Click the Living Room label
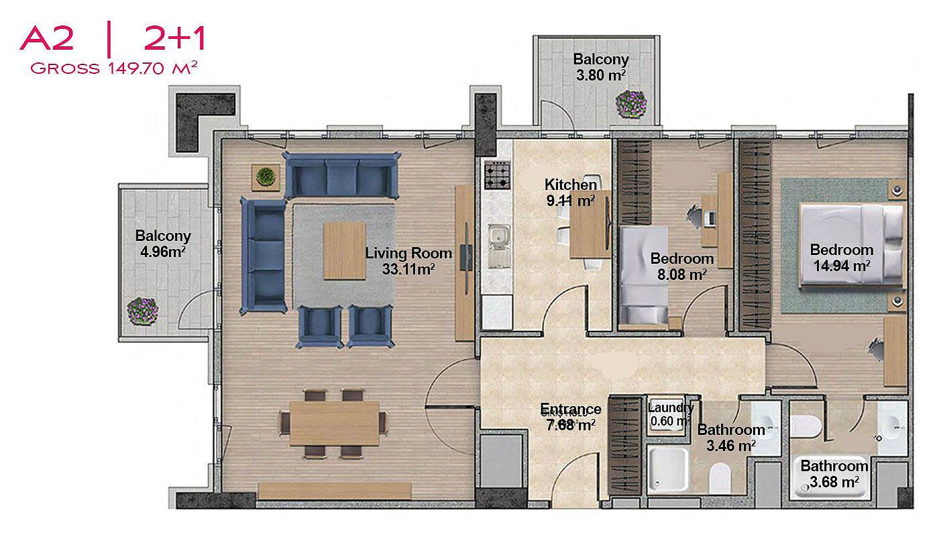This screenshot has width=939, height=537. [x=408, y=254]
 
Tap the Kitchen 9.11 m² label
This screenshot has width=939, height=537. [x=571, y=193]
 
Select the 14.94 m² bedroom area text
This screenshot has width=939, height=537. [x=842, y=266]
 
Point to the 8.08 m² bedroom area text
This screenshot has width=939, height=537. [x=682, y=275]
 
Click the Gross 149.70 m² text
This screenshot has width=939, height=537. [x=113, y=68]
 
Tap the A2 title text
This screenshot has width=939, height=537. [x=46, y=39]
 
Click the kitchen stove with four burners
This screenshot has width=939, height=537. [x=498, y=175]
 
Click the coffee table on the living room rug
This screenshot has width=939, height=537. [x=345, y=251]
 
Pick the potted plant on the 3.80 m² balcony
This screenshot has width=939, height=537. [x=631, y=103]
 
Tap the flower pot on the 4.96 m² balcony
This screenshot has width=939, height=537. [x=143, y=311]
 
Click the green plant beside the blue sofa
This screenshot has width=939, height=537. [x=266, y=177]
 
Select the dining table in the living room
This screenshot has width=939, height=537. [x=334, y=424]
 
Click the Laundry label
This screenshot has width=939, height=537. [x=671, y=407]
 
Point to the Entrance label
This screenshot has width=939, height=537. [x=571, y=409]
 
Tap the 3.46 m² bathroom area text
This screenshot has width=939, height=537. [x=731, y=446]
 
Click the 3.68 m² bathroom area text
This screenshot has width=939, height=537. [x=834, y=482]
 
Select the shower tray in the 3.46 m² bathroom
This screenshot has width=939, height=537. [x=668, y=469]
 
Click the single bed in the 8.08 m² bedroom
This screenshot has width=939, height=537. [x=644, y=275]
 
